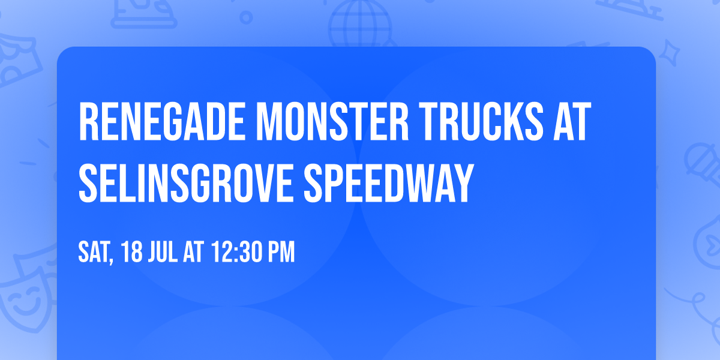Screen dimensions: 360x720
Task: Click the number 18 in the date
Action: (x=133, y=253)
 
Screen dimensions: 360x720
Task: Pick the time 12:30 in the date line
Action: (x=235, y=253)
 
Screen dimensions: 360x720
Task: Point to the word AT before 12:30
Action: (x=194, y=253)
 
